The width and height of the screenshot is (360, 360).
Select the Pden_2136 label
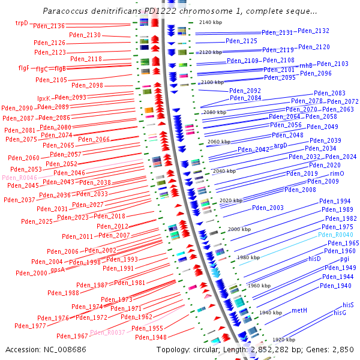pyautogui.click(x=49, y=26)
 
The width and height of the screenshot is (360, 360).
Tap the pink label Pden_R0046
pyautogui.click(x=19, y=178)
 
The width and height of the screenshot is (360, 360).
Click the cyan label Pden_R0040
pyautogui.click(x=339, y=235)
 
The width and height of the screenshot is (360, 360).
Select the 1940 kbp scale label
pyautogui.click(x=270, y=313)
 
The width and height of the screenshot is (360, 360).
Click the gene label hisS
pyautogui.click(x=344, y=305)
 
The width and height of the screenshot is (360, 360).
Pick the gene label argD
pyautogui.click(x=281, y=145)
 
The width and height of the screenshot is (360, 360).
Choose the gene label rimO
pyautogui.click(x=337, y=173)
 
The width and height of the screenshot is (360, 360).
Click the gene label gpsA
pyautogui.click(x=58, y=269)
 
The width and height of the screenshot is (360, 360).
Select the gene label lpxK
pyautogui.click(x=44, y=98)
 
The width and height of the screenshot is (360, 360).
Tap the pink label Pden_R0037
pyautogui.click(x=107, y=332)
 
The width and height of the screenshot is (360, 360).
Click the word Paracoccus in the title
pyautogui.click(x=65, y=11)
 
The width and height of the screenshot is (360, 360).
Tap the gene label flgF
pyautogui.click(x=24, y=67)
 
